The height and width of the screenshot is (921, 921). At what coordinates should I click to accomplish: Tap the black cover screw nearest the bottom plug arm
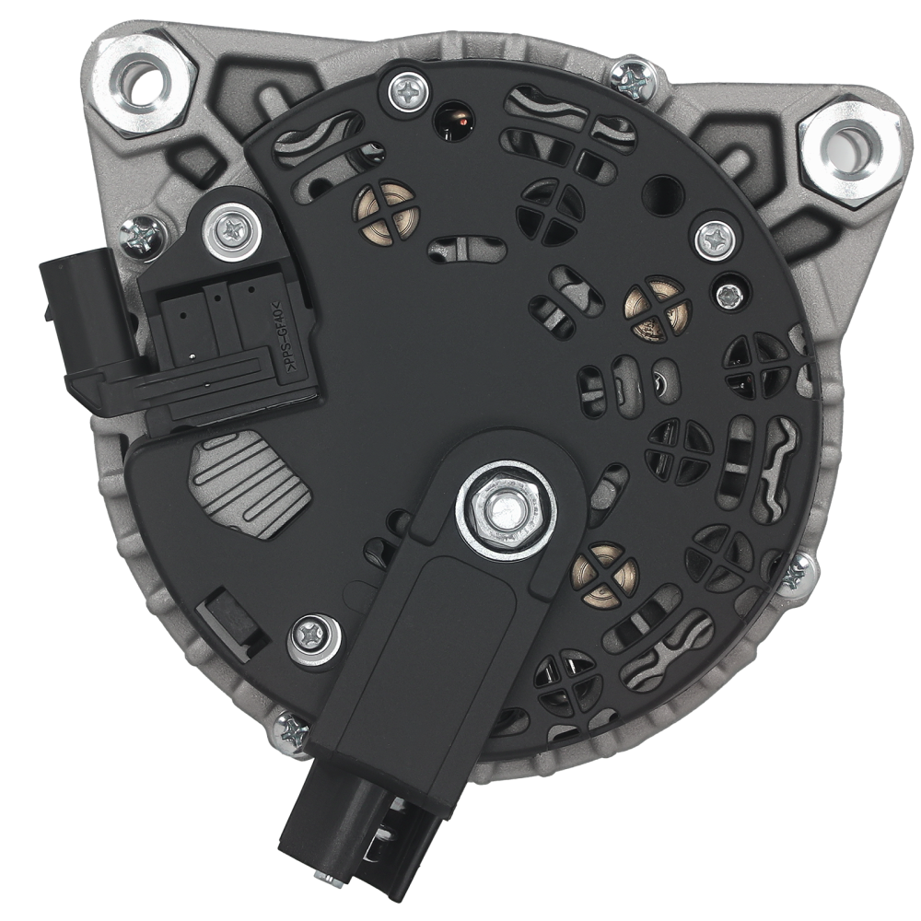[314, 635]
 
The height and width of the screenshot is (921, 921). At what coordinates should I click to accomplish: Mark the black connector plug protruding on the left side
[78, 327]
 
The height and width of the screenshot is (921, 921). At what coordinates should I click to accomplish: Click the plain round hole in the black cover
[663, 194]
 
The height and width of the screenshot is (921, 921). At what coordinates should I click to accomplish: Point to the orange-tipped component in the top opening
[453, 122]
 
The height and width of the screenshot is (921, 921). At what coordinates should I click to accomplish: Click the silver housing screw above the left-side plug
[145, 237]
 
